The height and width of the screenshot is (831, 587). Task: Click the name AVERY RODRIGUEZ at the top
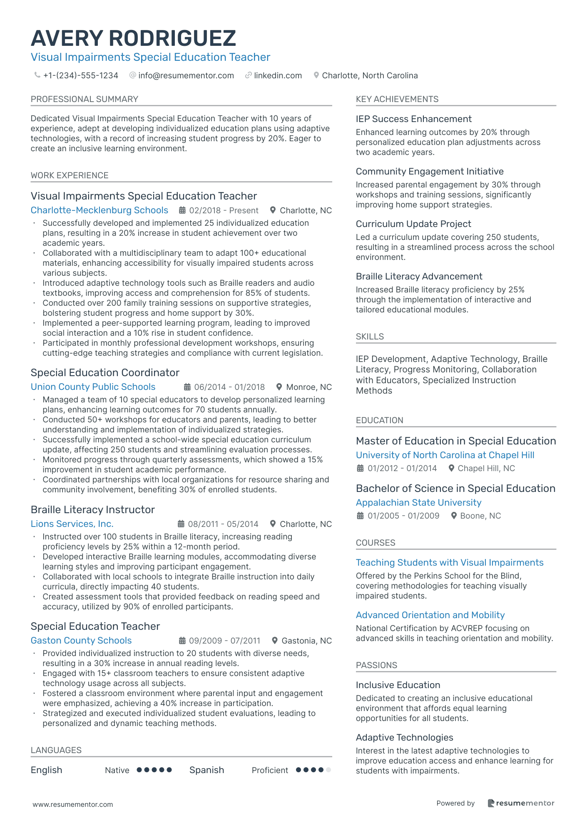click(x=133, y=38)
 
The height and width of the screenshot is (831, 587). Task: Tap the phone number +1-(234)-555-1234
click(x=80, y=75)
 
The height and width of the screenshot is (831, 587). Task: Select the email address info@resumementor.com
click(x=186, y=75)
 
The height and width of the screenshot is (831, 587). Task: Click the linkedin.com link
click(x=278, y=75)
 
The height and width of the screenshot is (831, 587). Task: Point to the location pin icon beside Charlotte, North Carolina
click(x=316, y=75)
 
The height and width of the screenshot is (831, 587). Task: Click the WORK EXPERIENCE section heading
click(x=70, y=175)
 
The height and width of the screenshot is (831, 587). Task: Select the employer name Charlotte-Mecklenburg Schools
click(x=99, y=210)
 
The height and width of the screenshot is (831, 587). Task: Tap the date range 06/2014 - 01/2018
click(x=229, y=387)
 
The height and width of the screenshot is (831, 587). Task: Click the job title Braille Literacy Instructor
click(x=92, y=509)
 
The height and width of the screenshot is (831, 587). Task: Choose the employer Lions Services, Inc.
click(x=72, y=524)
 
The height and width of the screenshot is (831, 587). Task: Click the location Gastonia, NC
click(x=306, y=641)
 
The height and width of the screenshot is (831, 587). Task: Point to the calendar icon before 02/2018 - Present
click(x=182, y=210)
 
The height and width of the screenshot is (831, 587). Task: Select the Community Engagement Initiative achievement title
click(x=430, y=172)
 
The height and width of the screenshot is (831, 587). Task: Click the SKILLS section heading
click(x=370, y=337)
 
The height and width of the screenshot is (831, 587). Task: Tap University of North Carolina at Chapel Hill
click(x=445, y=455)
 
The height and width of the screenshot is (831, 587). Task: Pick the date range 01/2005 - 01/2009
click(x=403, y=516)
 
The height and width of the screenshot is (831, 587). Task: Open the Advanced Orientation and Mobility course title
click(x=430, y=615)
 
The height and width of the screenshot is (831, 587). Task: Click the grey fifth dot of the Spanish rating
click(x=328, y=770)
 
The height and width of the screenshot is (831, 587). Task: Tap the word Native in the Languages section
click(x=117, y=770)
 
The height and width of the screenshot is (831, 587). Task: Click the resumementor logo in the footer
click(x=521, y=803)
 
